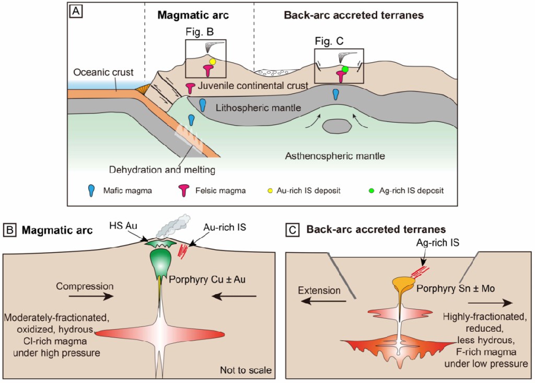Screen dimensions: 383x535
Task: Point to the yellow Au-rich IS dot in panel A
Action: tap(213, 62)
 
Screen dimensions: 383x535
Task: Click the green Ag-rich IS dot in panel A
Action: tap(345, 69)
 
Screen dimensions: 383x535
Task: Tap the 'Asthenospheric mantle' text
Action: tap(335, 155)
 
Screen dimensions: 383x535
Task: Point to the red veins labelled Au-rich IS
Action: tap(184, 251)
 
